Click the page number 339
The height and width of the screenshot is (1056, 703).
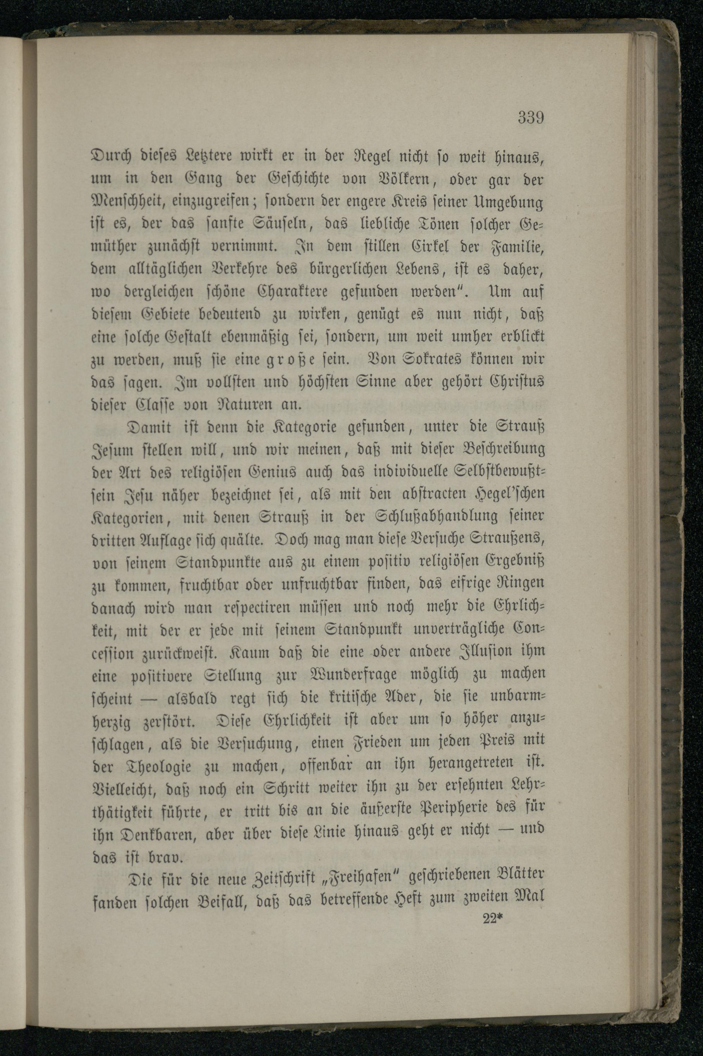point(531,117)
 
